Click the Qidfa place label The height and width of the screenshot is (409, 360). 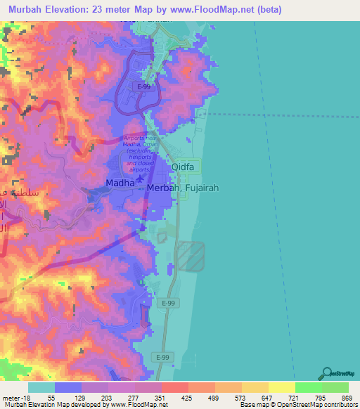click(186, 167)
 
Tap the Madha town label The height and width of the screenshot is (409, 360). click(100, 183)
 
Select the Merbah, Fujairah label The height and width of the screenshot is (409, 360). click(175, 189)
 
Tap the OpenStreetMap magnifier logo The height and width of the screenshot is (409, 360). click(328, 373)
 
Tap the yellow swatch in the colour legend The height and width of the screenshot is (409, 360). click(281, 387)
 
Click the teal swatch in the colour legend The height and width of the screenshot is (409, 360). click(41, 387)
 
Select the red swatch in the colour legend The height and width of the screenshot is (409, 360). click(174, 387)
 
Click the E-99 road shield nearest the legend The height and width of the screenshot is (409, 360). click(162, 358)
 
